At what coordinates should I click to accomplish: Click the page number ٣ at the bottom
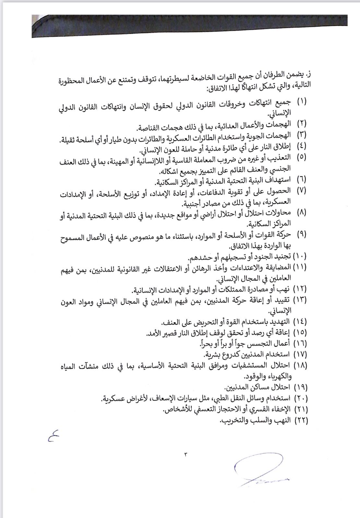pos(186,454)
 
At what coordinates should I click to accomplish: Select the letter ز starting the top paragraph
pos(309,74)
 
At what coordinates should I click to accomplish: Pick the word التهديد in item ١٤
pos(279,322)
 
